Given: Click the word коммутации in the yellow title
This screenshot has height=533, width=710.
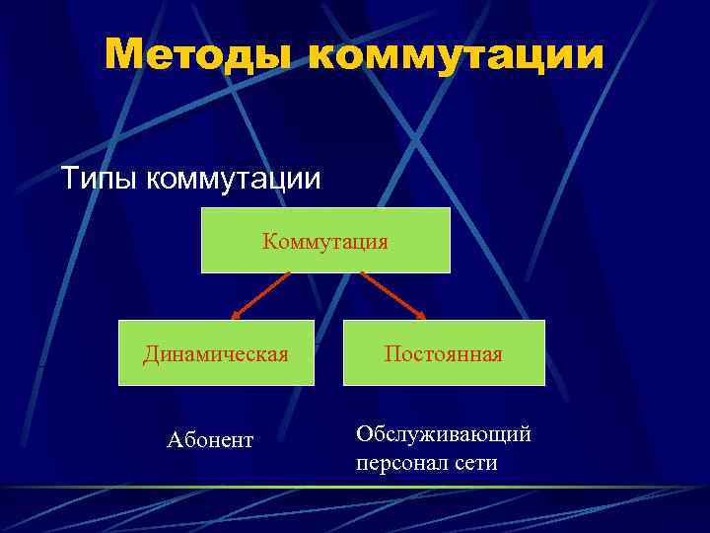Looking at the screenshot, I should (x=456, y=55).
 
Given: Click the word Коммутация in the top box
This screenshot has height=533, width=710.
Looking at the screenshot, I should (x=325, y=241).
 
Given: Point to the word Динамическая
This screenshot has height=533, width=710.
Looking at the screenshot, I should (x=216, y=353).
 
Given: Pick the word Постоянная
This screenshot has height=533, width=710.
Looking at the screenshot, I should (x=444, y=353).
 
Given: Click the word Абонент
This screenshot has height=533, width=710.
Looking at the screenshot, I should (x=210, y=439).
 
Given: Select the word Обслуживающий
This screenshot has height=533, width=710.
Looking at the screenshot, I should (x=444, y=433).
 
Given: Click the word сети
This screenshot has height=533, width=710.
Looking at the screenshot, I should (x=475, y=461).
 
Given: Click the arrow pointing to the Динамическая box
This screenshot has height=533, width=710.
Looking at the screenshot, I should (x=261, y=295).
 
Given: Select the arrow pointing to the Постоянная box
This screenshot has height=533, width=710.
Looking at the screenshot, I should (x=392, y=295).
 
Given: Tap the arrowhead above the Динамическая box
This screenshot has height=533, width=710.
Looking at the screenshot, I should (x=237, y=316).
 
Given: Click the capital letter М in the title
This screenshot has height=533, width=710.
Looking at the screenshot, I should (x=123, y=55).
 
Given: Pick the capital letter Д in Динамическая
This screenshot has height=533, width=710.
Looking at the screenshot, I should (x=151, y=353).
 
